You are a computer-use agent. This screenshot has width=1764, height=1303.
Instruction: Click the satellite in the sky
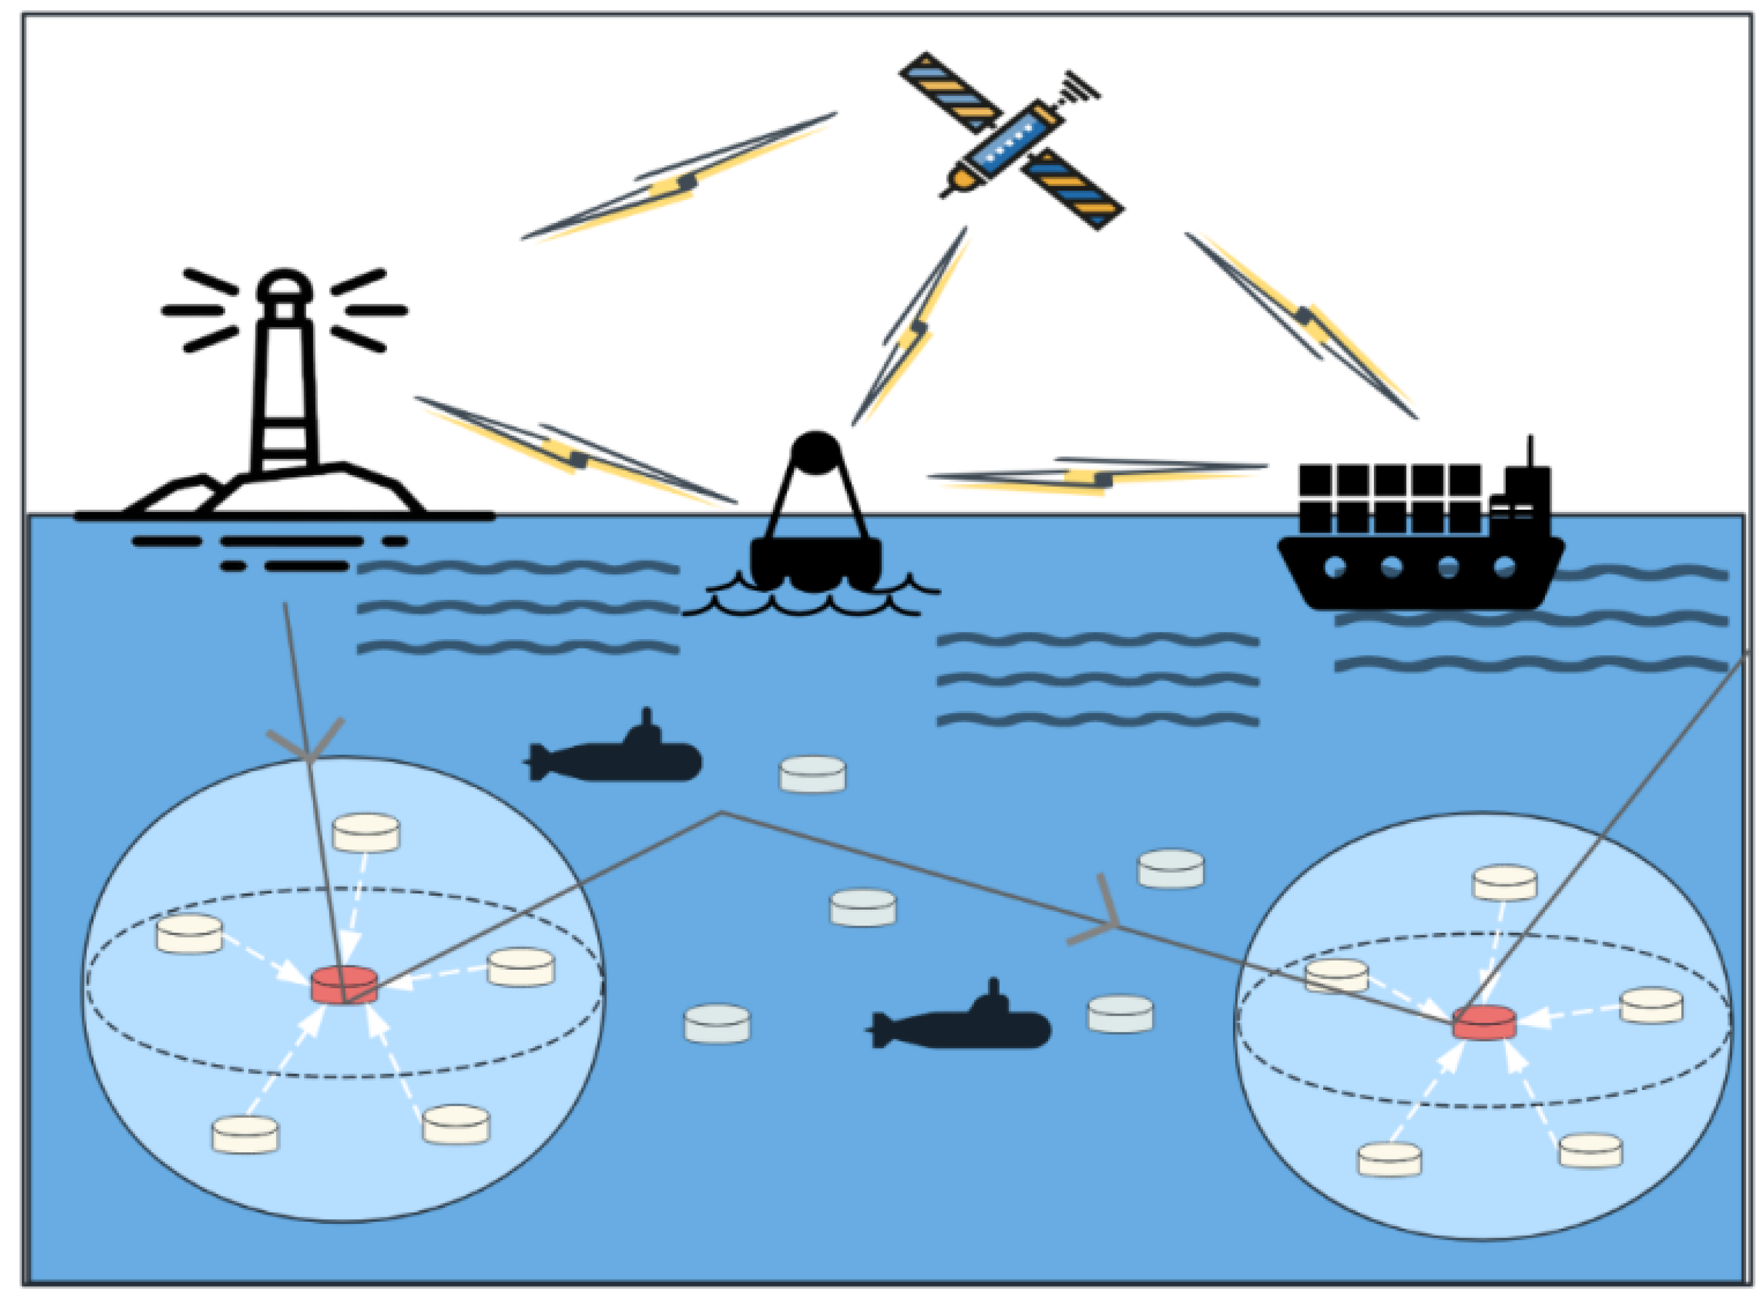[1011, 142]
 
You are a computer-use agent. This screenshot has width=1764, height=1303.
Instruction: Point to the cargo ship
[1419, 545]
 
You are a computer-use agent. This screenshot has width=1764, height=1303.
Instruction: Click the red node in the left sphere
[344, 985]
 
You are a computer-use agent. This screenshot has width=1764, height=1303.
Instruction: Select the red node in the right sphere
[1484, 1022]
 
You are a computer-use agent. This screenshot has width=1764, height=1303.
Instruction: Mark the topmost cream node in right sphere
[1505, 882]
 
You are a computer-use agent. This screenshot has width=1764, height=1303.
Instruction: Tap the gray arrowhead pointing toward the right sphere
[1104, 919]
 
